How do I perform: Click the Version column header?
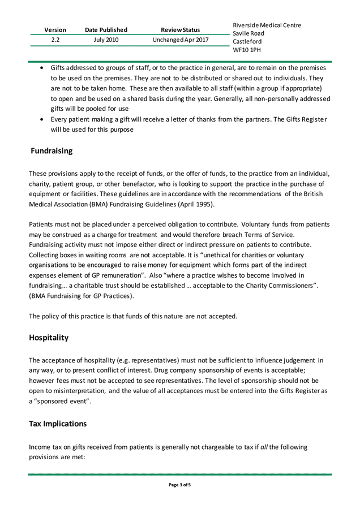pos(55,29)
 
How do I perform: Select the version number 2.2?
pos(55,40)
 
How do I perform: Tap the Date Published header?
pos(106,29)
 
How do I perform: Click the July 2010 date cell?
pos(106,40)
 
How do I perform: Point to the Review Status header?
pos(180,29)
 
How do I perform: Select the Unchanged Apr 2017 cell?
pos(180,40)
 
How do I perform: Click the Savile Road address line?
pos(248,33)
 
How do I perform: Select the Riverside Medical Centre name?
pos(267,25)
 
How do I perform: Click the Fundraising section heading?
pos(52,151)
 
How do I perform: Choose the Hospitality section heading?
pos(49,338)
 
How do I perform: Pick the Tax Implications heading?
pos(58,424)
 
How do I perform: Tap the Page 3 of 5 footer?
pos(180,485)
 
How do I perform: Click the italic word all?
pos(264,447)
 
